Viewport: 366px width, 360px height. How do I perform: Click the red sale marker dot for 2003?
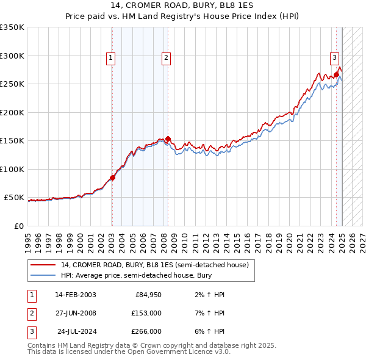[x=112, y=178]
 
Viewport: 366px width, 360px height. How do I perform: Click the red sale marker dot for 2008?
[x=168, y=139]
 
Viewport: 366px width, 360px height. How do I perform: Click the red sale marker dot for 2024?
[x=336, y=74]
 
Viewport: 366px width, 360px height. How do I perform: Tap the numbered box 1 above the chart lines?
[x=111, y=58]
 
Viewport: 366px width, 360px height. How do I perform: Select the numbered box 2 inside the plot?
[x=166, y=58]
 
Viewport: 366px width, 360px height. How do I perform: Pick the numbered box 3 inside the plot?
[x=335, y=58]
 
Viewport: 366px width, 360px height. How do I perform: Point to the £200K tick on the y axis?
[x=12, y=112]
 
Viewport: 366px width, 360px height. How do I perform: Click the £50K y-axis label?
[x=14, y=198]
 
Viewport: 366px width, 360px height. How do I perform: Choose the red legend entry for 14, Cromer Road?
[x=154, y=265]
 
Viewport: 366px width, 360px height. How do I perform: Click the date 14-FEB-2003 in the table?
[x=75, y=295]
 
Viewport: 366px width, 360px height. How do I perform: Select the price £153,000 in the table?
[x=146, y=313]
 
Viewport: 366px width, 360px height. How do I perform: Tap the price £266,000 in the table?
[x=146, y=331]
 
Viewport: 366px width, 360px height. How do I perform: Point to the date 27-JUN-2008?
[x=75, y=313]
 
